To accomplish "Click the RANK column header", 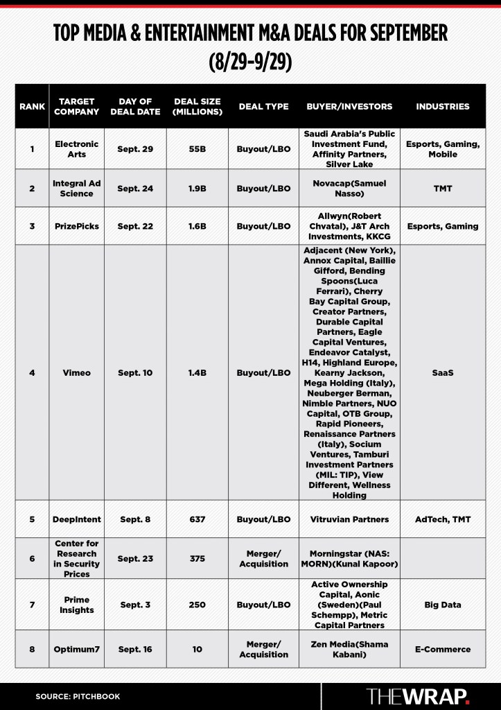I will [x=32, y=107].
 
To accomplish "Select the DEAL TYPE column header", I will [x=263, y=107].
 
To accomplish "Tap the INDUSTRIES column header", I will [x=442, y=107].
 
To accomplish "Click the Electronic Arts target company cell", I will [x=76, y=149].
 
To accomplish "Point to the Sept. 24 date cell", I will [x=134, y=188].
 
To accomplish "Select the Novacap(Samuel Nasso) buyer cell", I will [x=349, y=188].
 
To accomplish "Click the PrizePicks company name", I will [x=76, y=226].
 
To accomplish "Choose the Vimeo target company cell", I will [x=76, y=373].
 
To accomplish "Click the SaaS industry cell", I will [x=442, y=373].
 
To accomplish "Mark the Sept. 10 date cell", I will [x=134, y=373].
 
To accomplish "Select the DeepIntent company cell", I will [x=76, y=519].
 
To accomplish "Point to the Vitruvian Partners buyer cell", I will [x=349, y=519].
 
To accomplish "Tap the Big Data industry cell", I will [x=442, y=605].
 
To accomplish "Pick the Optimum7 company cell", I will [x=76, y=649].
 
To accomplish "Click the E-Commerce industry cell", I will [x=442, y=649].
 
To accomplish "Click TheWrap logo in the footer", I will [x=417, y=695].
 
